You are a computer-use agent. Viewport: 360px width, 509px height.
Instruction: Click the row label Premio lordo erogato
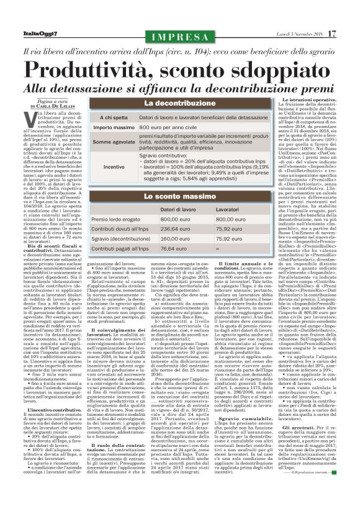click(117, 219)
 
